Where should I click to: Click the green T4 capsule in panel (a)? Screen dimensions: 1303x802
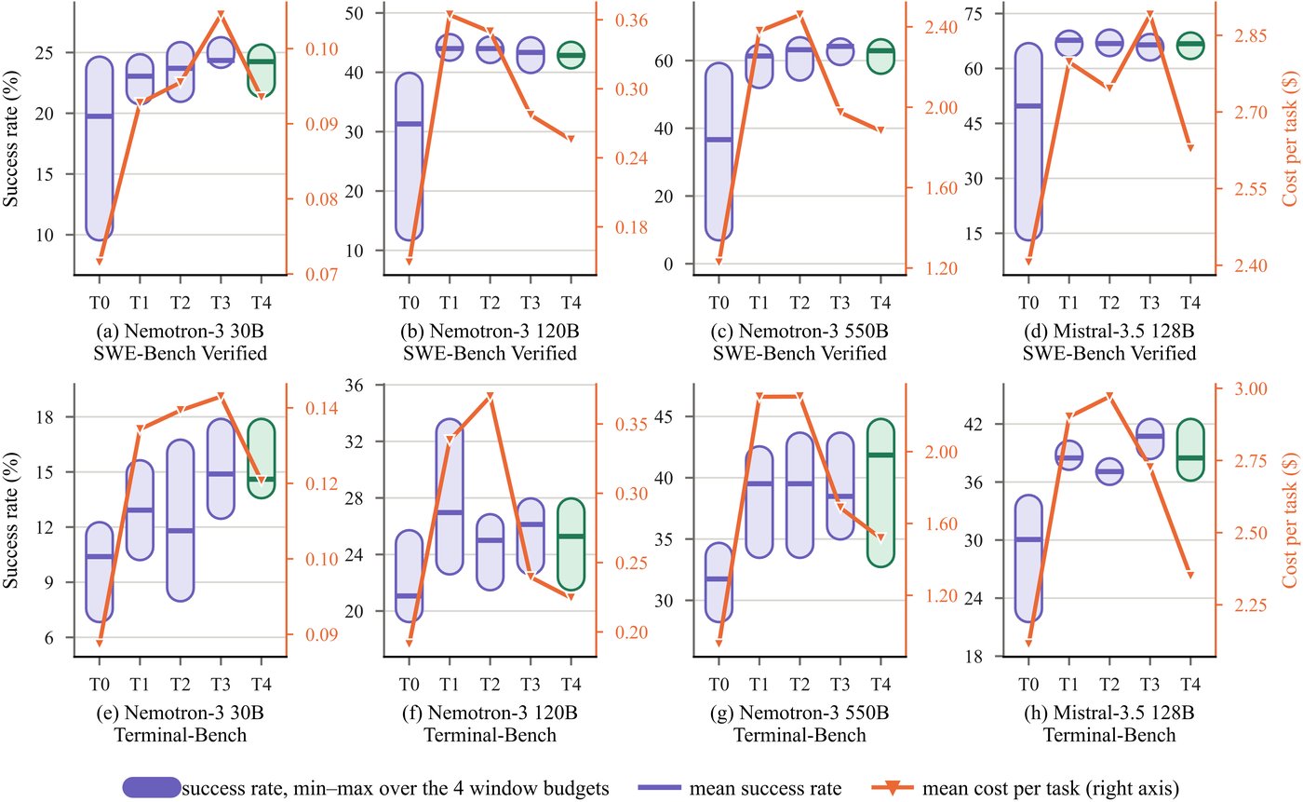coord(262,71)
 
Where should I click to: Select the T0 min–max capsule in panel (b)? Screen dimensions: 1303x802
coord(409,156)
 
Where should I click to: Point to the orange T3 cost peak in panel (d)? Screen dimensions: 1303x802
coord(1150,15)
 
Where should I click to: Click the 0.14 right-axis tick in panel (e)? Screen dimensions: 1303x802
coord(322,408)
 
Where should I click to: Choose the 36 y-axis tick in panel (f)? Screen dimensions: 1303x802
coord(355,386)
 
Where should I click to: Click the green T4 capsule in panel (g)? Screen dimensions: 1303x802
coord(880,493)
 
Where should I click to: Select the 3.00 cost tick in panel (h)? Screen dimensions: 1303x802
coord(1250,388)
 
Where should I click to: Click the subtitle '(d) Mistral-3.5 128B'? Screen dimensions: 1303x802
coord(1109,332)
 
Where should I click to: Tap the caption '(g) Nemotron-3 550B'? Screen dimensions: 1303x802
coord(799,713)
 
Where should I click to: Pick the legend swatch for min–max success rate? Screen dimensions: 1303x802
coord(152,787)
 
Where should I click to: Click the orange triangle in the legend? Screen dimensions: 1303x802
coord(893,788)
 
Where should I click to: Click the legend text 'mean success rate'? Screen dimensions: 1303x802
coord(765,789)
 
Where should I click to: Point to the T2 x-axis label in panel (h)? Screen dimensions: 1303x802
coord(1109,684)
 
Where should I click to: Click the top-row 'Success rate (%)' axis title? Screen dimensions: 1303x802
coord(10,139)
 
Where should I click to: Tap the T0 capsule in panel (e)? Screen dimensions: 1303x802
coord(100,572)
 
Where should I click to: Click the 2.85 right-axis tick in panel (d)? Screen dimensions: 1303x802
coord(1250,36)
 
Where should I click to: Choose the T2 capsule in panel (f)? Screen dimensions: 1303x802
coord(490,552)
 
